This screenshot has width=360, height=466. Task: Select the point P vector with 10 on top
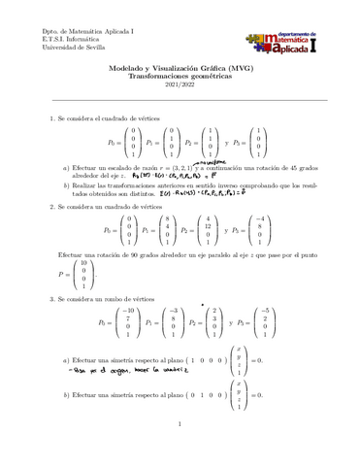(91, 275)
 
